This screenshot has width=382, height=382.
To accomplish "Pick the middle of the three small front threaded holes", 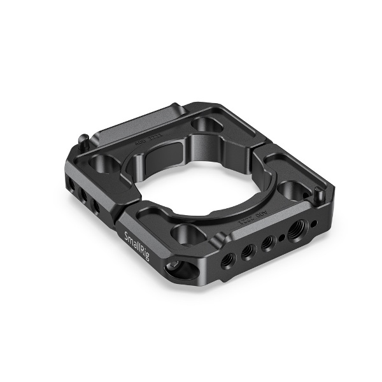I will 248,251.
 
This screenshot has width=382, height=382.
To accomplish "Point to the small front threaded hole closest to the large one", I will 267,242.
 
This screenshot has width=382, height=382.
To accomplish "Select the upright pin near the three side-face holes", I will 85,137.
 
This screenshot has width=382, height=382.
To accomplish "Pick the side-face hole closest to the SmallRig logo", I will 96,207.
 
